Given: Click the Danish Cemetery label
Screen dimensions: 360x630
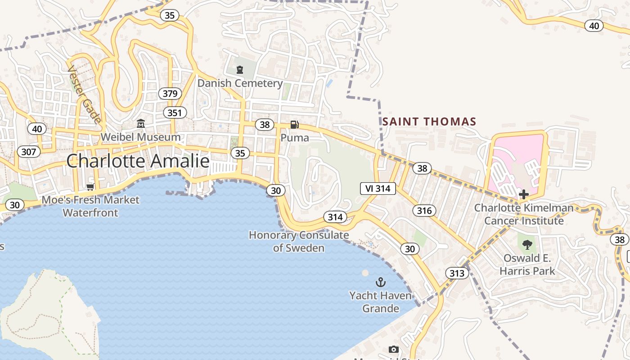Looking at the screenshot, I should (240, 83).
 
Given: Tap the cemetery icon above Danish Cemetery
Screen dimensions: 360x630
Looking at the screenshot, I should (240, 70).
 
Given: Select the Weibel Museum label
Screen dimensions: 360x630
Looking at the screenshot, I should (140, 137).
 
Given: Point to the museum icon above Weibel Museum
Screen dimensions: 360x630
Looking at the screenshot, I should (141, 123).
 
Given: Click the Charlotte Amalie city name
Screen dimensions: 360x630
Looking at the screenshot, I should (138, 161).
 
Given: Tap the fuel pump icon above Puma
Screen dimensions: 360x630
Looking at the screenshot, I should (294, 125).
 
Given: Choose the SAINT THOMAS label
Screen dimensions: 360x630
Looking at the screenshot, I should (429, 121).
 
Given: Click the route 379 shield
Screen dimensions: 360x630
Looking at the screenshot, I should (170, 94).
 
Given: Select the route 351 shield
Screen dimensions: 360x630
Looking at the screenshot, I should (174, 112).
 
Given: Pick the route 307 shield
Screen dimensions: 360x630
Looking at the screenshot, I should (28, 152).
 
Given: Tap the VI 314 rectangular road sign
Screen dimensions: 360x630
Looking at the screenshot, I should (378, 189).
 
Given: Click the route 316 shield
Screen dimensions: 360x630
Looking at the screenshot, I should (424, 210).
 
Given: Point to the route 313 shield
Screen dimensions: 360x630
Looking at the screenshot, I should (457, 273).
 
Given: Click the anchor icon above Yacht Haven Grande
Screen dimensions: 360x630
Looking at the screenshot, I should (381, 282).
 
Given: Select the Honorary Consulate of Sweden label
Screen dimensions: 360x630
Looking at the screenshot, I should (299, 241).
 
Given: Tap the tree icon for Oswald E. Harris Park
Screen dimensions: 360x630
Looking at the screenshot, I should (527, 245).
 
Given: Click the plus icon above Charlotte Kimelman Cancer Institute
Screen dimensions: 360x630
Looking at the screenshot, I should (524, 194).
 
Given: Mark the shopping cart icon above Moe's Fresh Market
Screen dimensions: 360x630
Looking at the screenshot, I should (90, 186).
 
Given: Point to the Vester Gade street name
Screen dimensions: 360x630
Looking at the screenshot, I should (84, 95).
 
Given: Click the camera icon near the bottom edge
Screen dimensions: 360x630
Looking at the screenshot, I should (393, 349).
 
